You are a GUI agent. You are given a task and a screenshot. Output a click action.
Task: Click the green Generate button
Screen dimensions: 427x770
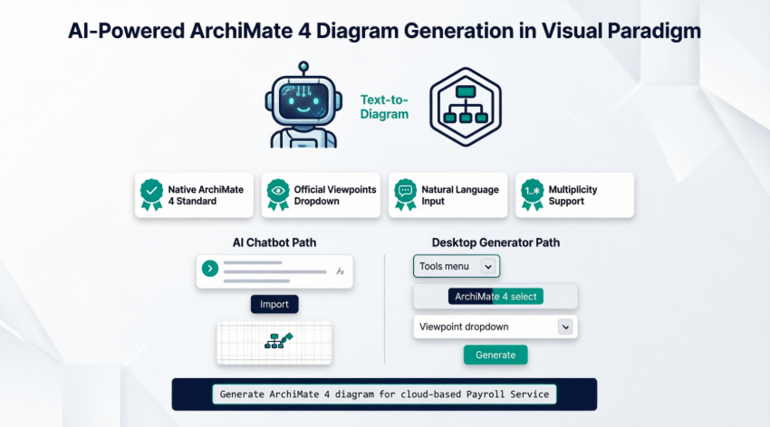pos(496,355)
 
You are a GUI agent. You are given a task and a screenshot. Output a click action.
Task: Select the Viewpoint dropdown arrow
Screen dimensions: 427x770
pos(565,327)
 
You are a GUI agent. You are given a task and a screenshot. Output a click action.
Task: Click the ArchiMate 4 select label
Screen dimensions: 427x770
pos(496,297)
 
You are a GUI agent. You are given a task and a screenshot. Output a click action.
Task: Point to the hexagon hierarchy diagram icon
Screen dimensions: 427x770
pos(467,106)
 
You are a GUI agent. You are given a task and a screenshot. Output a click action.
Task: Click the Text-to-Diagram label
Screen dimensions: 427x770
pos(384,107)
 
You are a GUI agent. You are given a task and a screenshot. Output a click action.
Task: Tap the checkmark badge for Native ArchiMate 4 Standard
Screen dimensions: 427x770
pos(150,195)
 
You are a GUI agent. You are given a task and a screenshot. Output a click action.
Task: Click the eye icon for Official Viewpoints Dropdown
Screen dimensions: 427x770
pos(277,195)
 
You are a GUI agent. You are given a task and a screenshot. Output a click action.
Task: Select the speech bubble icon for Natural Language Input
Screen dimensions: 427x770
pos(405,195)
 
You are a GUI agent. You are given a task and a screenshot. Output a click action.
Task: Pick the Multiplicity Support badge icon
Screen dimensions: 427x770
pos(532,195)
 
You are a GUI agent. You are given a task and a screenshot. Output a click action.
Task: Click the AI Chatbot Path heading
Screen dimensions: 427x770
pos(274,242)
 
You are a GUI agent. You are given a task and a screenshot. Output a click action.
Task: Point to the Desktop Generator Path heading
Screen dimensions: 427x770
pos(496,242)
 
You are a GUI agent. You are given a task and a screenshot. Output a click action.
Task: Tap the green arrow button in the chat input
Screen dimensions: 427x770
pos(210,268)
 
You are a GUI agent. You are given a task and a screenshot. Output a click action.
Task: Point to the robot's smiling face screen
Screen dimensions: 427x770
pos(303,101)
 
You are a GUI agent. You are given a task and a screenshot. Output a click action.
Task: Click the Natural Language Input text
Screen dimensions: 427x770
pos(459,195)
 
